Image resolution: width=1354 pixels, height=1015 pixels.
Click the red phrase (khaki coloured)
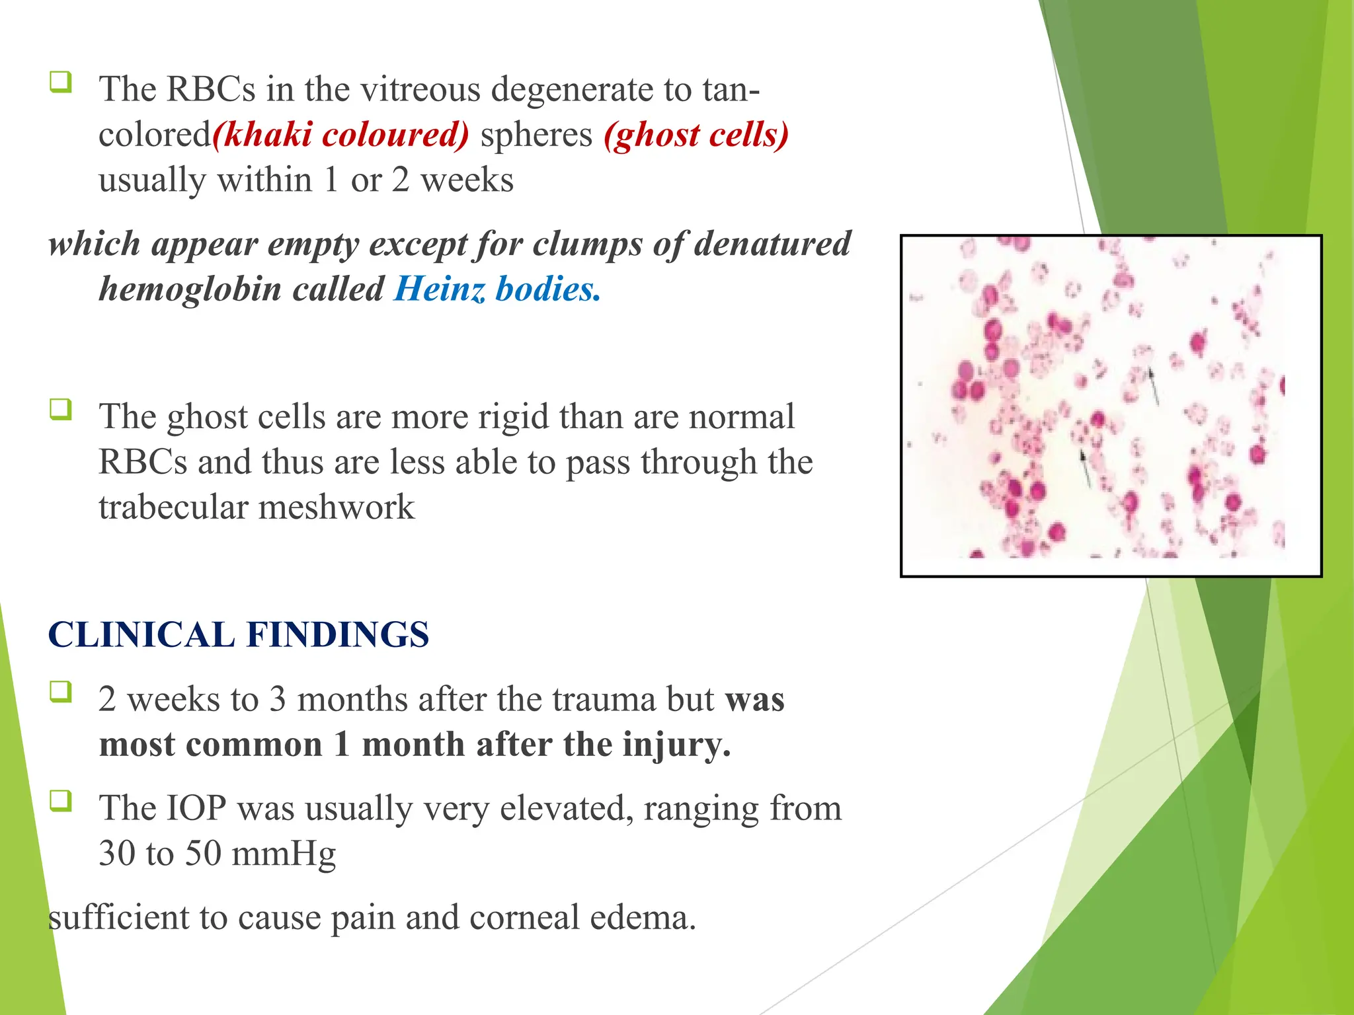click(x=340, y=135)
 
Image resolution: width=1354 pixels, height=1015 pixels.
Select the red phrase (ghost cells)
click(x=696, y=135)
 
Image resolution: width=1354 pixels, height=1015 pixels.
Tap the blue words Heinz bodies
click(x=497, y=289)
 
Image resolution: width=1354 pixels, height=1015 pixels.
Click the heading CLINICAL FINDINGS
click(x=239, y=634)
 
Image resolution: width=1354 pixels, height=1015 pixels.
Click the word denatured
click(x=772, y=244)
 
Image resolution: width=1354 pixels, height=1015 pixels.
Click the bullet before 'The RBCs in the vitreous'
click(x=60, y=83)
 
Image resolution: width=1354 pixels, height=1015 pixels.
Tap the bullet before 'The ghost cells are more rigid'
click(x=60, y=410)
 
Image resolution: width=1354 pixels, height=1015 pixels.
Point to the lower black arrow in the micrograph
click(x=1084, y=467)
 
